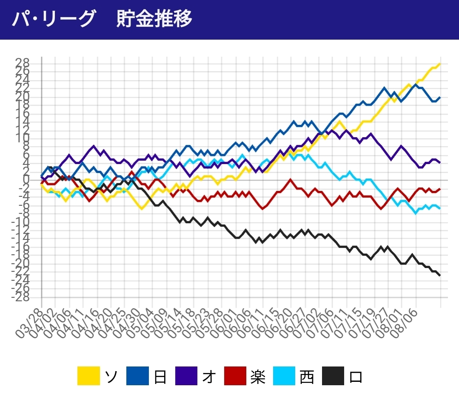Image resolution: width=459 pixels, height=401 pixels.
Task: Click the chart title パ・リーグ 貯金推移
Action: pos(102,20)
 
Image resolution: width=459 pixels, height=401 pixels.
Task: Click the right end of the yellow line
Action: pos(440,64)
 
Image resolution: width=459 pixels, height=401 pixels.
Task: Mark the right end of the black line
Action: pos(440,275)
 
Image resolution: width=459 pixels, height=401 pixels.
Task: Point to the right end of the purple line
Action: pos(440,162)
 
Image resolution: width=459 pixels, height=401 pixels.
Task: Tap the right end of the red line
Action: pos(440,189)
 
